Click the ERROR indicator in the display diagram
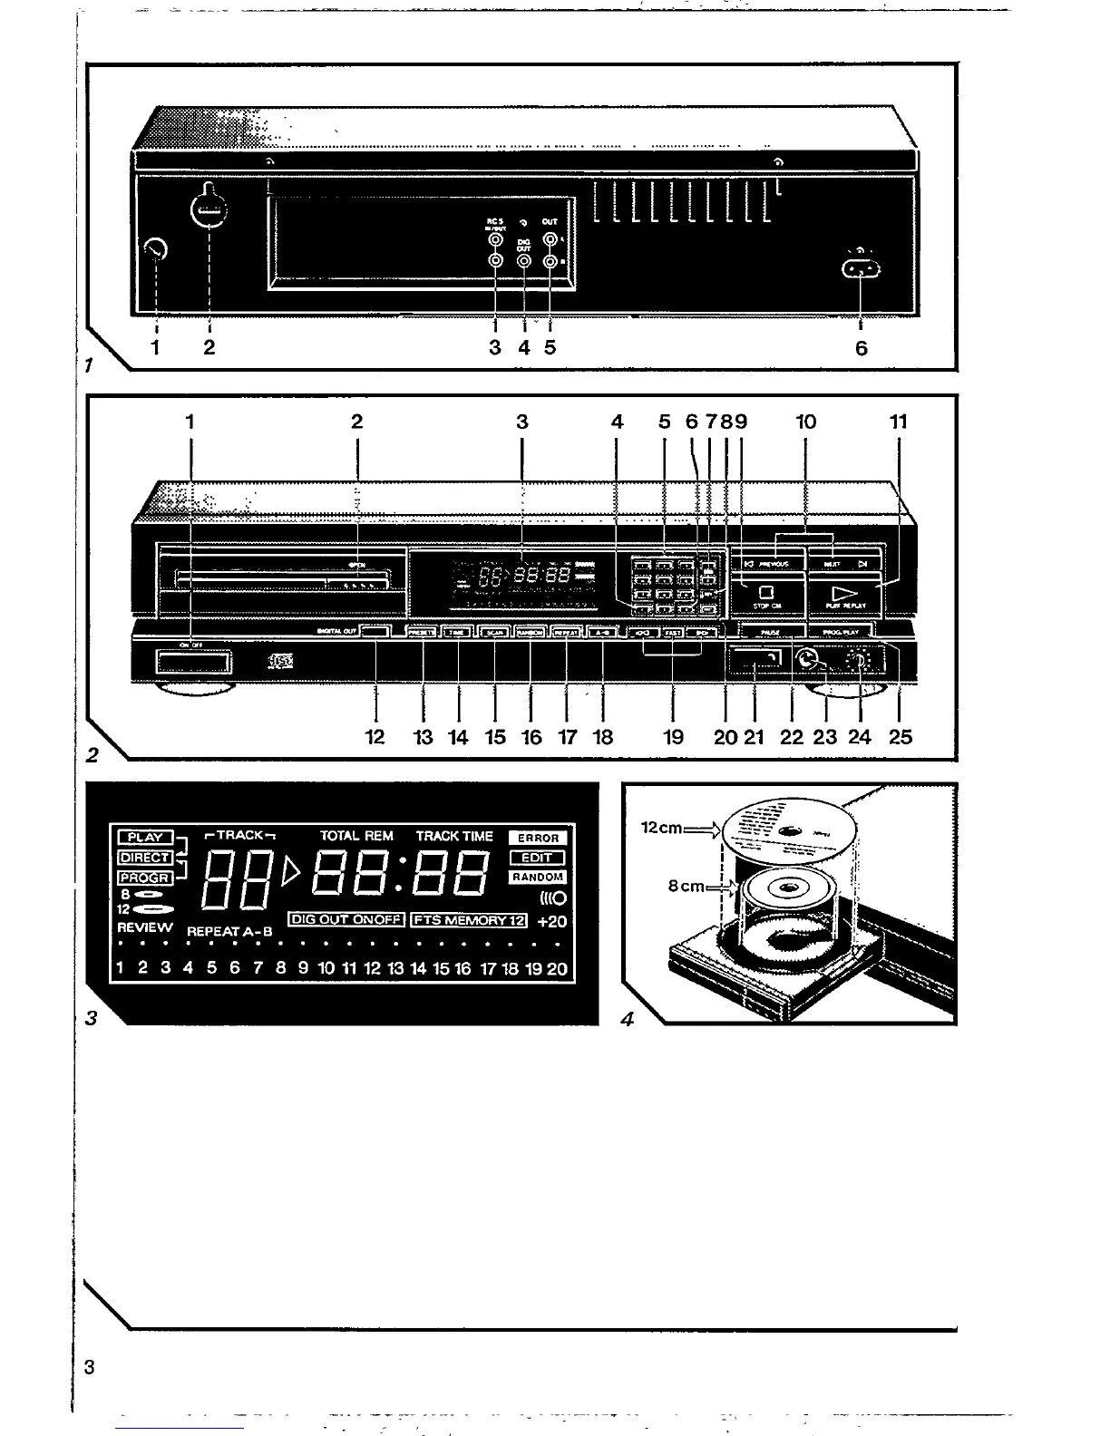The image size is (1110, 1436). click(x=538, y=838)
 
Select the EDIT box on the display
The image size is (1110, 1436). click(x=538, y=858)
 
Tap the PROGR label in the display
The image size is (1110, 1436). click(x=144, y=878)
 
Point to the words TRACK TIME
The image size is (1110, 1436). click(x=454, y=836)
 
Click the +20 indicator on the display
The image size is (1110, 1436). click(x=551, y=921)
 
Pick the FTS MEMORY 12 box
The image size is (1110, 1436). click(x=469, y=920)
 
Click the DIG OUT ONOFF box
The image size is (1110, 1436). click(x=346, y=919)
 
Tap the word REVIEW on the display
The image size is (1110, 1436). click(x=144, y=927)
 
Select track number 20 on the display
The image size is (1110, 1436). click(x=557, y=968)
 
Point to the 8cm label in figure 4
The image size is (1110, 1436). click(x=686, y=887)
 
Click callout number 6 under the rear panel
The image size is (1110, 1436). click(x=861, y=347)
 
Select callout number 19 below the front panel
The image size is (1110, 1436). click(x=673, y=737)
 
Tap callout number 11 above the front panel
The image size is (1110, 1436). click(x=899, y=422)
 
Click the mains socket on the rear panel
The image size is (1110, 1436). click(x=861, y=269)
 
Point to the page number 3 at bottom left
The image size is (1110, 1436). click(x=89, y=1366)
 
